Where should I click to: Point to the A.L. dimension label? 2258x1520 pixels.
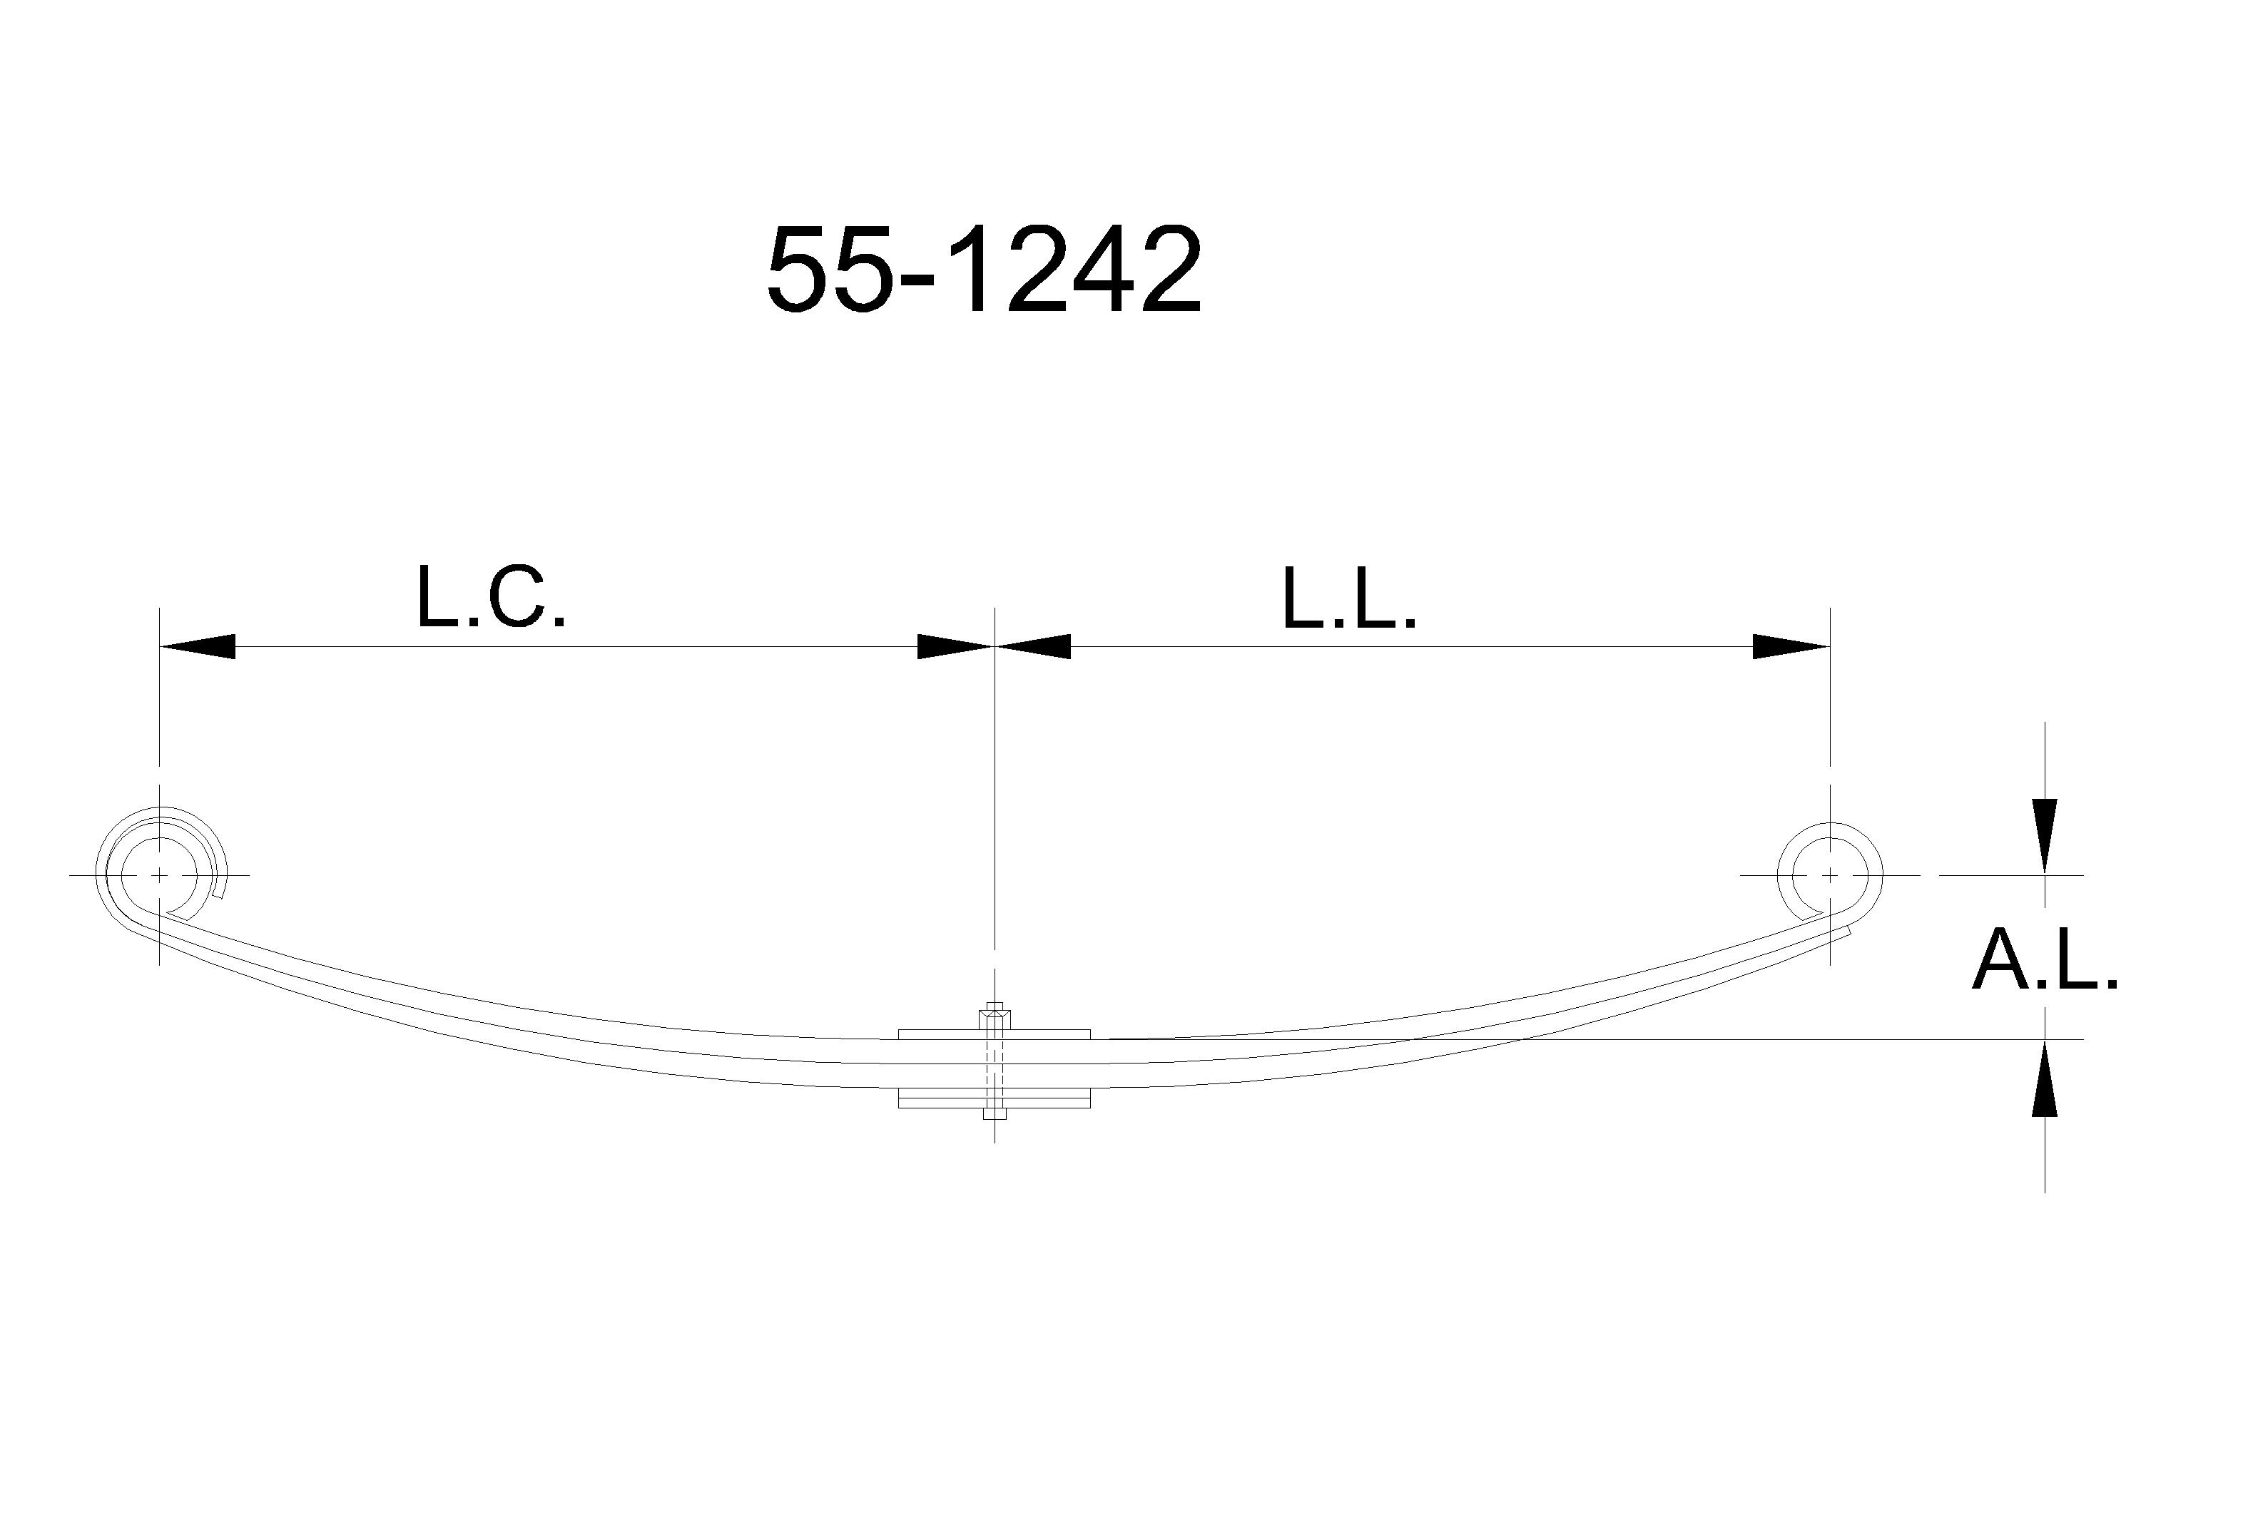tap(2045, 959)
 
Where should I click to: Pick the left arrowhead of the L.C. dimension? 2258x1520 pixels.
tap(197, 646)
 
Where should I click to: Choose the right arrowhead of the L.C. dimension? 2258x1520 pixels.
tap(955, 646)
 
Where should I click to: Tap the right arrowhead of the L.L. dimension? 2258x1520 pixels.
tap(1791, 646)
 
